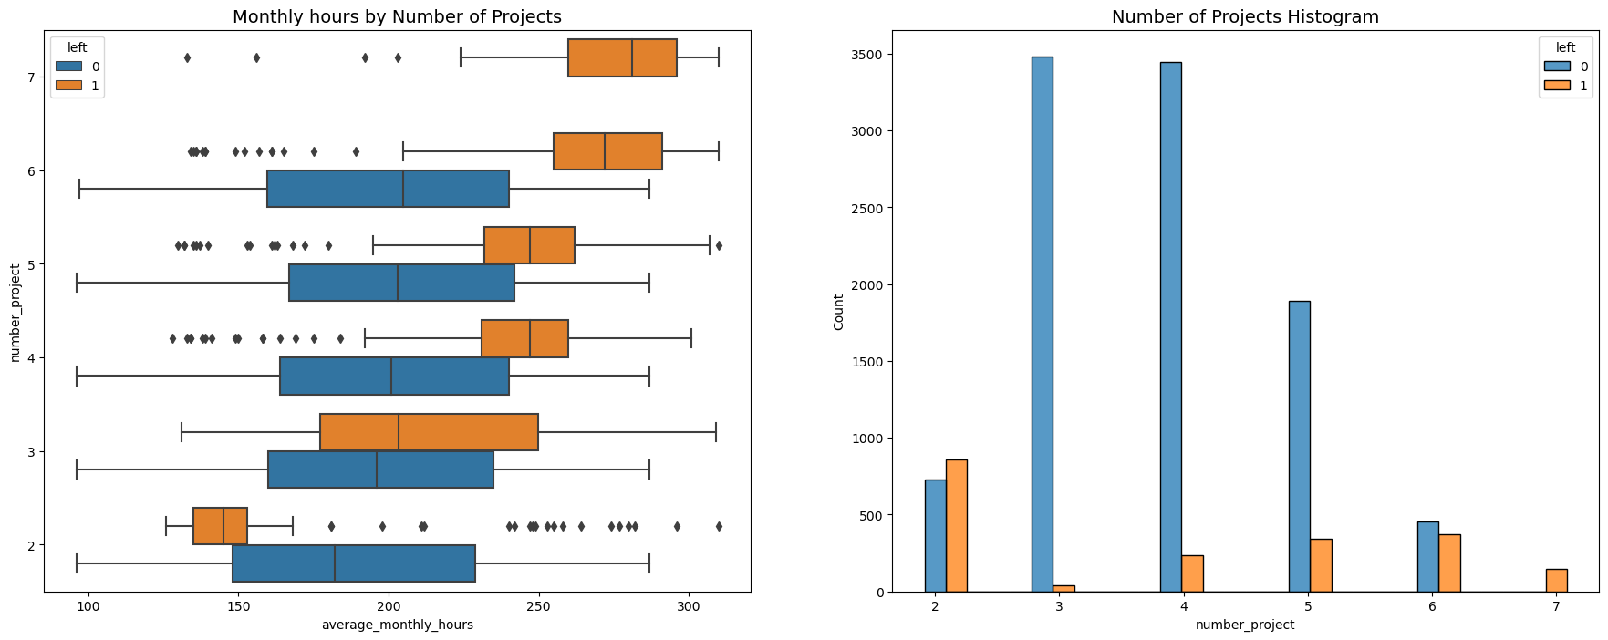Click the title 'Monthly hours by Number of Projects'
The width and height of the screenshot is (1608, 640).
pos(397,17)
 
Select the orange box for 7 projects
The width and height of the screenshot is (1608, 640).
pos(622,58)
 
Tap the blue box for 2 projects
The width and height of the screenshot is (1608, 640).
pos(354,563)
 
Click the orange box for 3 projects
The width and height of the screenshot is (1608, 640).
pos(429,432)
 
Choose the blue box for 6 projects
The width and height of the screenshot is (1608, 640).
pos(388,189)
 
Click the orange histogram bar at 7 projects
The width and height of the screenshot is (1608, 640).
pos(1556,581)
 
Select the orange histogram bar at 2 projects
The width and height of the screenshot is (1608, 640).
pos(956,526)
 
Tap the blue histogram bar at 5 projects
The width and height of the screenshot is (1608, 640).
pos(1299,446)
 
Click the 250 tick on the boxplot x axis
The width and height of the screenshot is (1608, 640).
pos(538,607)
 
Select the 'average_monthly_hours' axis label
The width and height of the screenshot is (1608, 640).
pos(397,625)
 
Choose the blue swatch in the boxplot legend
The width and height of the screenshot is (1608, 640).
pos(67,67)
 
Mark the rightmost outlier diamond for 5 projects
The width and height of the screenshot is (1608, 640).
pos(719,245)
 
